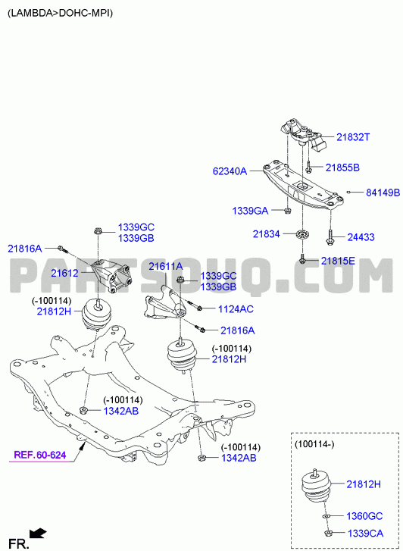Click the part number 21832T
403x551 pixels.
tap(353, 137)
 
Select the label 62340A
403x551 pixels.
tap(230, 171)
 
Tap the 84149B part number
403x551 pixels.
tap(383, 193)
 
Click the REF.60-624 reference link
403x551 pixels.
tap(39, 455)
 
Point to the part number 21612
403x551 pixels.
tap(64, 273)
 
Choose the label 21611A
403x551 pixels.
tap(165, 267)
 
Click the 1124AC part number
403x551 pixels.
tap(236, 309)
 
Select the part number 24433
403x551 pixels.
tap(361, 237)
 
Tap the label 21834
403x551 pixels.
tap(267, 233)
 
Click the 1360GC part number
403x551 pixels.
tap(364, 516)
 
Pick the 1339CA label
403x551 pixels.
tap(365, 534)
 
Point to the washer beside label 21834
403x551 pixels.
tap(301, 234)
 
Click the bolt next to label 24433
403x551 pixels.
tap(330, 237)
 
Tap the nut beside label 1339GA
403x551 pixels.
tap(287, 211)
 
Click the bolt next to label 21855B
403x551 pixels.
tap(308, 167)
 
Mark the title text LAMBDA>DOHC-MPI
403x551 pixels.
tap(61, 14)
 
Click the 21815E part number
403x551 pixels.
tap(338, 261)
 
